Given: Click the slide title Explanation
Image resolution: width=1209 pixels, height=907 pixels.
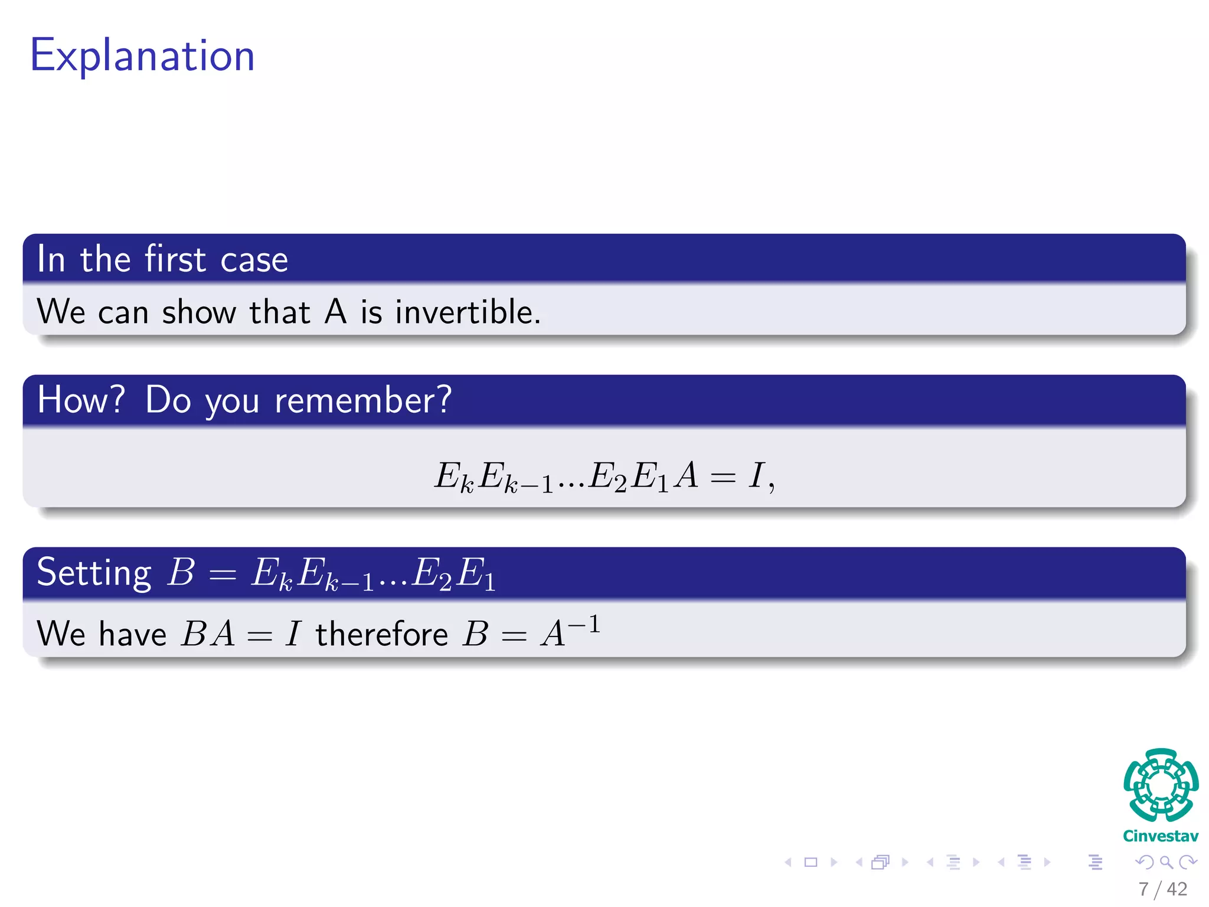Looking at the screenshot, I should click(142, 56).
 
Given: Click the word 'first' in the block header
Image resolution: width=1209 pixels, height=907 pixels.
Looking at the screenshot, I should click(175, 259).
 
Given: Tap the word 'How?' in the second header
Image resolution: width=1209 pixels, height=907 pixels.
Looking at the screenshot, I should click(81, 400).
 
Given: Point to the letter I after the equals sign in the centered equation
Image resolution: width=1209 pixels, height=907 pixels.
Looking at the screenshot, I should click(756, 475).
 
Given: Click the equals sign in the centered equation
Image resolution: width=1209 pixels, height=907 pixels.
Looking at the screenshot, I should click(723, 478).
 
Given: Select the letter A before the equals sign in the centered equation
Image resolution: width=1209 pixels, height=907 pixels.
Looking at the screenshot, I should click(687, 475).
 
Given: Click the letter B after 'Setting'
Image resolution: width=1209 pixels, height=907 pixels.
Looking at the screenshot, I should click(181, 572).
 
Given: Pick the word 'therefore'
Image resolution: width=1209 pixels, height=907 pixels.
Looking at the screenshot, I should click(382, 635).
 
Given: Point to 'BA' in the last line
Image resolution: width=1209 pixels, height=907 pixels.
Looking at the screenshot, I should click(208, 634).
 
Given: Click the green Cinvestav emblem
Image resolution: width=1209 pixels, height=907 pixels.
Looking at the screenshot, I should click(1161, 785).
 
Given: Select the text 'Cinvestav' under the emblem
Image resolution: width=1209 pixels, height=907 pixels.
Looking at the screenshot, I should click(1161, 836).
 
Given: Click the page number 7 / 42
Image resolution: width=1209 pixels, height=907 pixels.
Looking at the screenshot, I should click(1162, 889).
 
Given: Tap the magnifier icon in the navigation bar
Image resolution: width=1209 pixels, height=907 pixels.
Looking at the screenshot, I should click(1166, 863).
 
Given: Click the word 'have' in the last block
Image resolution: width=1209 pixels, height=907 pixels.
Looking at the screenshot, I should click(133, 635).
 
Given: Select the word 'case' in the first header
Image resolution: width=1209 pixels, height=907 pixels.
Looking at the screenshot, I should click(254, 260).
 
